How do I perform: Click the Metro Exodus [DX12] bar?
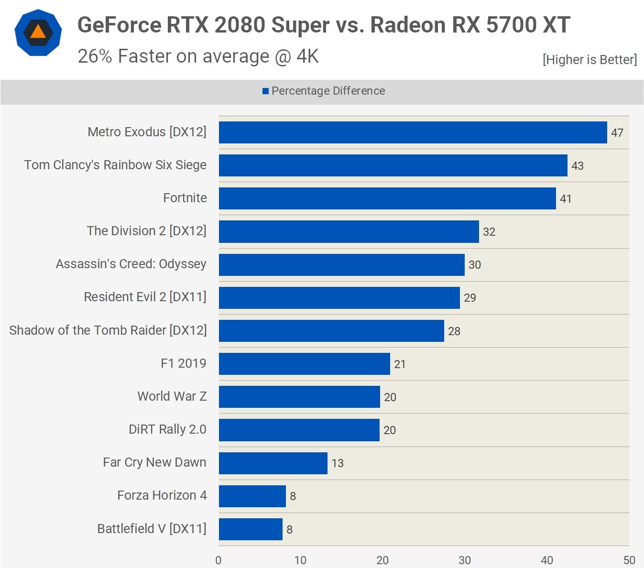point(413,132)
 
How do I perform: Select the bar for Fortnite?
point(387,198)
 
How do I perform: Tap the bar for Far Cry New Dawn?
point(273,463)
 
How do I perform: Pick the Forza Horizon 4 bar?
point(252,496)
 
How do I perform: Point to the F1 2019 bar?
point(304,364)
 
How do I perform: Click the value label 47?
point(617,133)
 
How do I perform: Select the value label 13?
point(338,463)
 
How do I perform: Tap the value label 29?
point(469,298)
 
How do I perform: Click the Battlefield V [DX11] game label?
point(152,528)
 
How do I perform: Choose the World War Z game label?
point(172,396)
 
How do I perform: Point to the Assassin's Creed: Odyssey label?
point(131,264)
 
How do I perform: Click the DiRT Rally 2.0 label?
point(167,429)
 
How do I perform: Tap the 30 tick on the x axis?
point(465,560)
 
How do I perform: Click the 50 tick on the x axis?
point(629,560)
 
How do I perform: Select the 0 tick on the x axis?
point(218,560)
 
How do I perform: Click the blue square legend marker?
point(265,91)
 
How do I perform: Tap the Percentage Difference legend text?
point(328,91)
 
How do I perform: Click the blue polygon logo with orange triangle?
point(38,33)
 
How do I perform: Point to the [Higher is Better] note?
point(589,60)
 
